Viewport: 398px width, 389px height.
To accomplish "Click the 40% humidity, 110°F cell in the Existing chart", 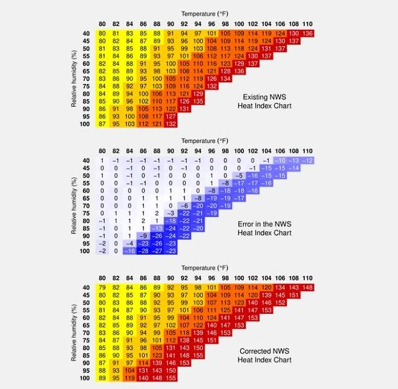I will (308, 33).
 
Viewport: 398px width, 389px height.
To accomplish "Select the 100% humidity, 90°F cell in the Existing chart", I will (171, 123).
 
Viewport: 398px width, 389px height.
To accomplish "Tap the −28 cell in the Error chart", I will (143, 250).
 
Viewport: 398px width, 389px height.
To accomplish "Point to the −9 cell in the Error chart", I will (143, 235).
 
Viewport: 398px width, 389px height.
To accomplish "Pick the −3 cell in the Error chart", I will (171, 213).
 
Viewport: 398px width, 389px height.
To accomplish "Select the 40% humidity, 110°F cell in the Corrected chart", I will (308, 286).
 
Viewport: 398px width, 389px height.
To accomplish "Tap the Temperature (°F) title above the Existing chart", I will (204, 13).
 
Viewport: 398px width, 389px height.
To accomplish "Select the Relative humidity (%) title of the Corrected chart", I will (73, 332).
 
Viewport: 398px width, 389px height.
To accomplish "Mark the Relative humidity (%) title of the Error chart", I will (73, 205).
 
